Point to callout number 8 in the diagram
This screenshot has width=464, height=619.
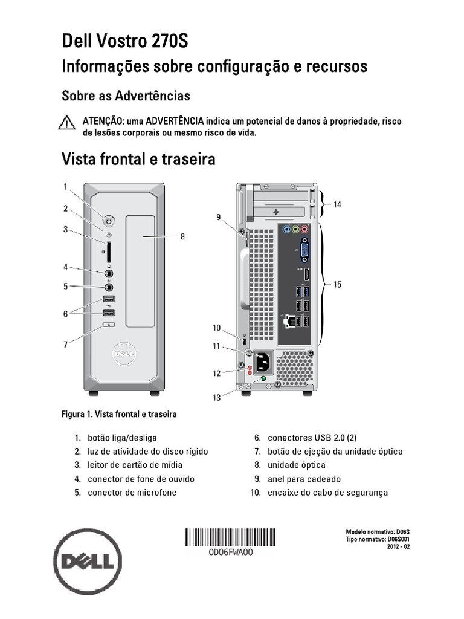[x=182, y=237]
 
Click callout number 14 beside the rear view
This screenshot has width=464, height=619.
[x=337, y=205]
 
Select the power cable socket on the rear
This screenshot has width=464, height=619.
[x=264, y=363]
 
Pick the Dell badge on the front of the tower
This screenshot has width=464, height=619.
[x=126, y=352]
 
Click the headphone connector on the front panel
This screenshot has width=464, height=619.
[x=109, y=273]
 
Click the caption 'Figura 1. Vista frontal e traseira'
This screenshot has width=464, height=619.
[x=120, y=415]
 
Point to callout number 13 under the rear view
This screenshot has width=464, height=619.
[x=216, y=397]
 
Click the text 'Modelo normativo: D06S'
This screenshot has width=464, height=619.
[x=378, y=531]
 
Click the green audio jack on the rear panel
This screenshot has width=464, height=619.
[x=295, y=229]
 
